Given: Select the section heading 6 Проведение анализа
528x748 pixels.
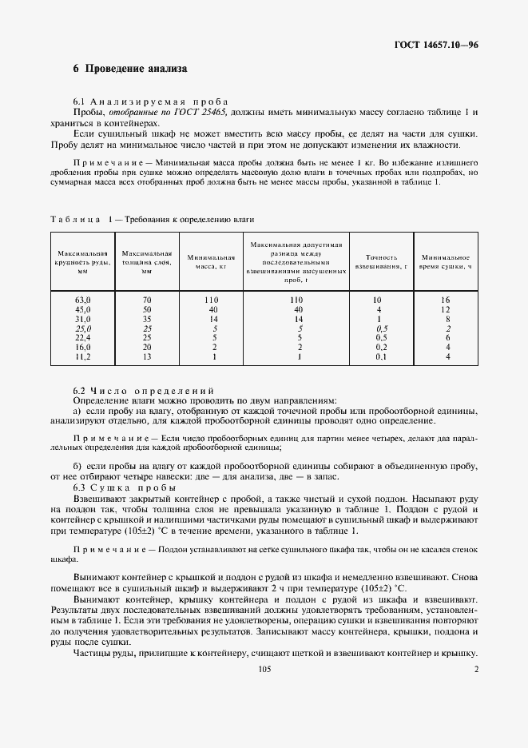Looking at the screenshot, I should pos(130,70).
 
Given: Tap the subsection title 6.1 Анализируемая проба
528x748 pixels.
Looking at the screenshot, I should pos(150,101).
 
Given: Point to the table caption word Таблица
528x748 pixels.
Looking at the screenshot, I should pos(76,218).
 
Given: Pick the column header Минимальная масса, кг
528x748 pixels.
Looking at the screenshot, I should pos(211,261).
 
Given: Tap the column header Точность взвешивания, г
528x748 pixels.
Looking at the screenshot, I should pos(381,261).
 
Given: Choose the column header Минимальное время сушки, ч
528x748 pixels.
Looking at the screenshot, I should pos(446,261).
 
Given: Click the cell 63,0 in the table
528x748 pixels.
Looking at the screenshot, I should pos(82,299).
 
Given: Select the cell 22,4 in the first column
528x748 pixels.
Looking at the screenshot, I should pos(82,337).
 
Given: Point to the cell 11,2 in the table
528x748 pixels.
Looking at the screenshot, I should pos(82,356).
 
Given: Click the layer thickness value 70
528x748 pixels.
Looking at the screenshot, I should pos(146,299).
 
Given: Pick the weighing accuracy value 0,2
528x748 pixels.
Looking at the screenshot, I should pos(381,347).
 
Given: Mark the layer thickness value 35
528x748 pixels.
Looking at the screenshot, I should pos(146,318).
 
